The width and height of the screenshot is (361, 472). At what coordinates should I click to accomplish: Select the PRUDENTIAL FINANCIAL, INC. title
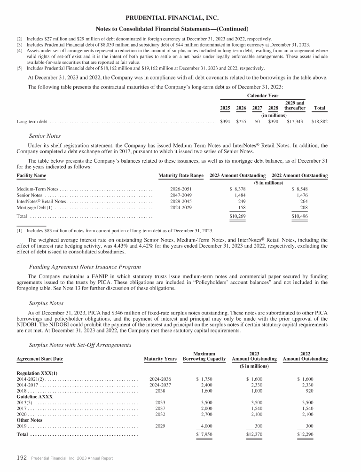(180, 18)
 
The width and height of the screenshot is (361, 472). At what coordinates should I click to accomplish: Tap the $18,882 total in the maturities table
(319, 121)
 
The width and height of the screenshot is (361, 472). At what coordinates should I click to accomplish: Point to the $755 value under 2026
(241, 121)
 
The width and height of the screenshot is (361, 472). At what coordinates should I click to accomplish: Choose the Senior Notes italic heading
(46, 136)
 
